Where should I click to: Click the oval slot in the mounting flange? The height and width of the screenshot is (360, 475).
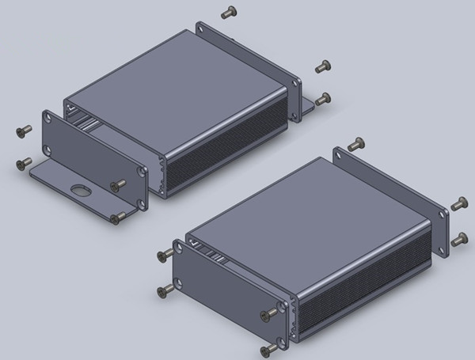79,190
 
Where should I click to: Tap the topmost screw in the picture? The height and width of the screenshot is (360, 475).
229,12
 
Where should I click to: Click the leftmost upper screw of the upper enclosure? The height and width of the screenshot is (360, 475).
23,131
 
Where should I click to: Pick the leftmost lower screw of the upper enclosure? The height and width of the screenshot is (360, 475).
22,165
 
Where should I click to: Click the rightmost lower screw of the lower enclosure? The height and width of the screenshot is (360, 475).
459,237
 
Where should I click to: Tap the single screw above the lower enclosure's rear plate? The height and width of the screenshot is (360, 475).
355,144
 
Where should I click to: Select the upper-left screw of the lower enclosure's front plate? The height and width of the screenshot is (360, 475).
165,254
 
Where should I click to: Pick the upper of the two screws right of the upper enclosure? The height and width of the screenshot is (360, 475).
322,66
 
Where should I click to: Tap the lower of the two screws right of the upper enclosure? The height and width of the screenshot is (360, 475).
322,99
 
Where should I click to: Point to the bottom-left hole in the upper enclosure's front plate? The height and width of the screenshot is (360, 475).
50,149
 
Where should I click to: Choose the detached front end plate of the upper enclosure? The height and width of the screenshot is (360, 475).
91,158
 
